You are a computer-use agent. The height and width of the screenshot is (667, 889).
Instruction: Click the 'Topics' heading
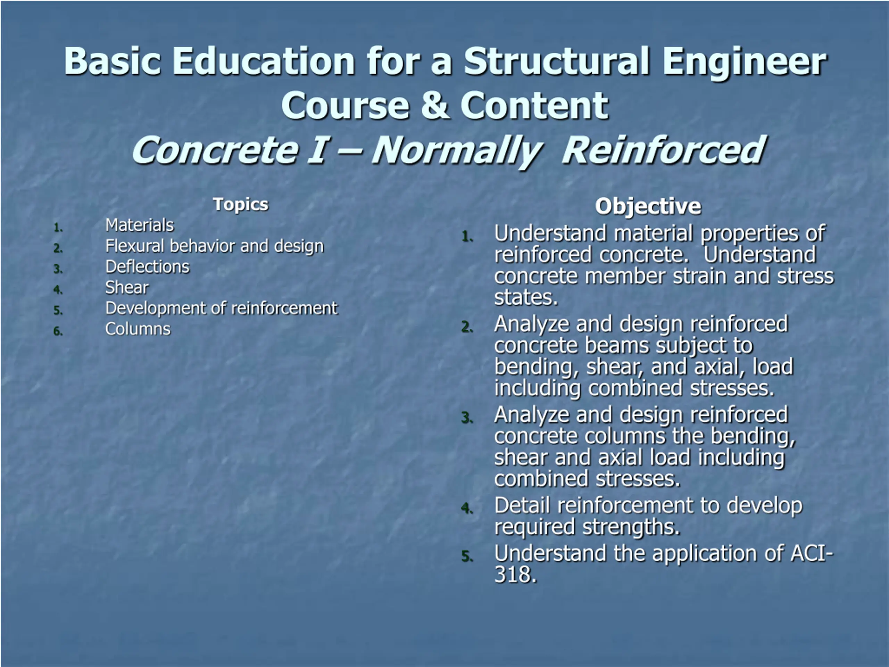pyautogui.click(x=241, y=204)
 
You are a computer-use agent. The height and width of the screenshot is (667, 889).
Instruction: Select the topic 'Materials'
pyautogui.click(x=140, y=225)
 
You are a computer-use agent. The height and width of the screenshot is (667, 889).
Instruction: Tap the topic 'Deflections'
pyautogui.click(x=147, y=267)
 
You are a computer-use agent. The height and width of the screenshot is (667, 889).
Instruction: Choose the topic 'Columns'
pyautogui.click(x=138, y=329)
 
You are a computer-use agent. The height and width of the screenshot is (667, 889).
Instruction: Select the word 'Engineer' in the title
pyautogui.click(x=744, y=62)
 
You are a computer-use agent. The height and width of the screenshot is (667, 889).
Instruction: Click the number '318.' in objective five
pyautogui.click(x=515, y=574)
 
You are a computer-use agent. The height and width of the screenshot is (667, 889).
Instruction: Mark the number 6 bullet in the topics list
pyautogui.click(x=58, y=331)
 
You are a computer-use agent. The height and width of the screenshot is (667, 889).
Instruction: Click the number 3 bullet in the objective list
pyautogui.click(x=467, y=418)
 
